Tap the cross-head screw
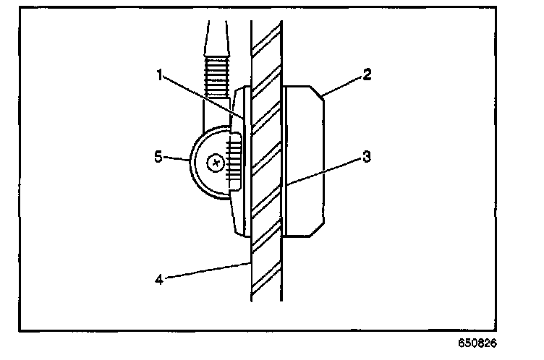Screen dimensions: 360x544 215,163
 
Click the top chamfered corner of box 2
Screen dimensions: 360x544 318,93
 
